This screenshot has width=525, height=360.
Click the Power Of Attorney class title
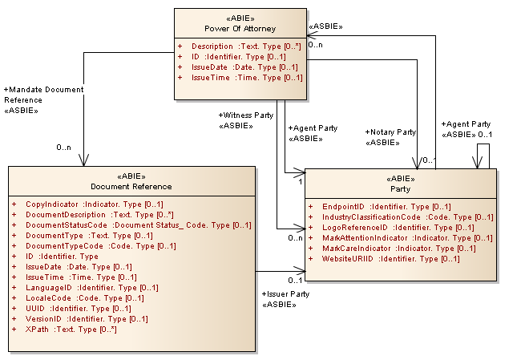[240, 27]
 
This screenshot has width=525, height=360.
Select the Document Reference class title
[131, 187]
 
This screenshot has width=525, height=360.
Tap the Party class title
[400, 190]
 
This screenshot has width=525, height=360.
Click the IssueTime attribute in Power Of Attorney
[240, 78]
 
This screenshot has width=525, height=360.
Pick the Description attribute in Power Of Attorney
[240, 47]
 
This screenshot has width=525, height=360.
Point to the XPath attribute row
[71, 330]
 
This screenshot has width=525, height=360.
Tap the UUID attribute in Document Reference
[79, 309]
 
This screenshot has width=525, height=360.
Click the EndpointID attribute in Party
[380, 207]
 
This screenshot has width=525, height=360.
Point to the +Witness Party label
[245, 115]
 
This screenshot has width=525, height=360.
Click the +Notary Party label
[390, 132]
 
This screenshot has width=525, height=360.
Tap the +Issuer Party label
[285, 294]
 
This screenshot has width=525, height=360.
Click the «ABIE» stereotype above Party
[400, 179]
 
